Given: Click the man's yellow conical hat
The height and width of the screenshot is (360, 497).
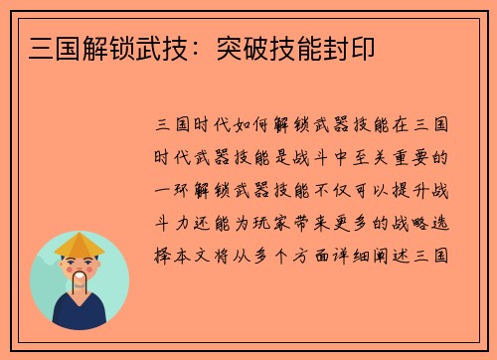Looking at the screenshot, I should pos(80,244).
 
